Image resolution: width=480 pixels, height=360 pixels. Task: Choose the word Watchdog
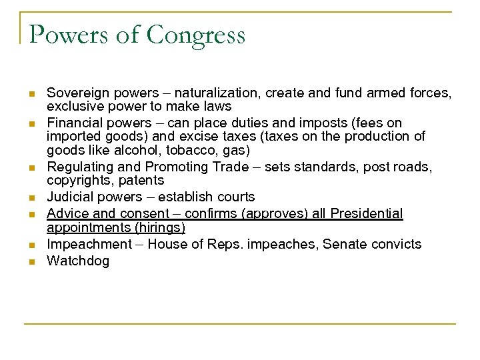point(77,261)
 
